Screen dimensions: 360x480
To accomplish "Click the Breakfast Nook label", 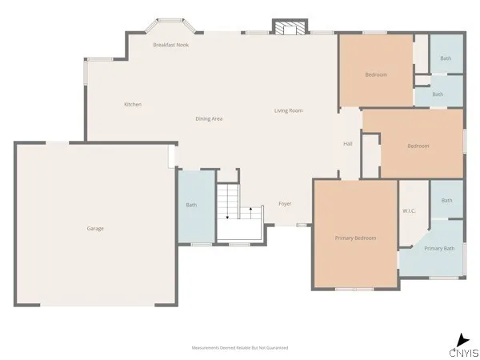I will coord(170,45).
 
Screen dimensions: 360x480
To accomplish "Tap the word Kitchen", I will coord(133,105).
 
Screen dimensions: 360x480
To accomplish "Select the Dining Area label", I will coord(209,118).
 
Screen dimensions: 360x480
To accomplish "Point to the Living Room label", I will coord(289,110).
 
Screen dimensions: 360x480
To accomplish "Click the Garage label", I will coord(95,229).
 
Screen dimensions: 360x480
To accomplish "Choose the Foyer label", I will coord(285,204).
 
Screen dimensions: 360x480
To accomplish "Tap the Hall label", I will coord(348,144).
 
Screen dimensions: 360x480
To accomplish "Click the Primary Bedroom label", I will coord(355,238).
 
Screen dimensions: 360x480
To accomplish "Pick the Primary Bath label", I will coord(439,249).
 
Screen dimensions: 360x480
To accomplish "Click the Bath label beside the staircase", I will coord(191,206).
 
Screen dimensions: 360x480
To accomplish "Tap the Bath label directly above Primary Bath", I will coord(446,200).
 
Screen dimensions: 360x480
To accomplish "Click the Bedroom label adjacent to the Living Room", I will coord(376,75).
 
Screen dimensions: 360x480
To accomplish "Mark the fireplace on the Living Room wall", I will coord(289,28).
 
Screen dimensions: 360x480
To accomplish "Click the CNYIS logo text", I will coord(464,353).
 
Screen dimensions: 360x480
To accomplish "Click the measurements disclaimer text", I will coord(240,348).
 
